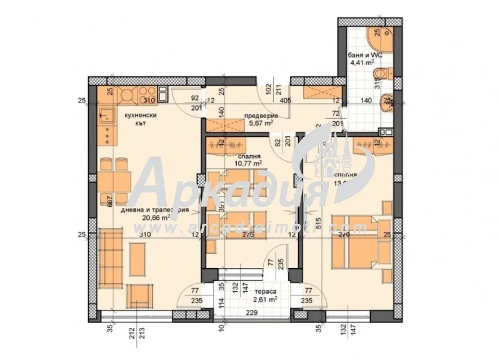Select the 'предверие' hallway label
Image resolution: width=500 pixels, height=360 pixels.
click(257, 115)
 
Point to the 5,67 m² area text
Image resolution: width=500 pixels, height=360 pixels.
click(258, 123)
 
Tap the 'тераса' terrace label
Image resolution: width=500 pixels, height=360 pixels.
click(270, 291)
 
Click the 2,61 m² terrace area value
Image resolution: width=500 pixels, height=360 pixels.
click(270, 301)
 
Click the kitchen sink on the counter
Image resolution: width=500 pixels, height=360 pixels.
click(106, 115)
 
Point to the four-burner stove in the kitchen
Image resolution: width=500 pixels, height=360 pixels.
click(128, 95)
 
